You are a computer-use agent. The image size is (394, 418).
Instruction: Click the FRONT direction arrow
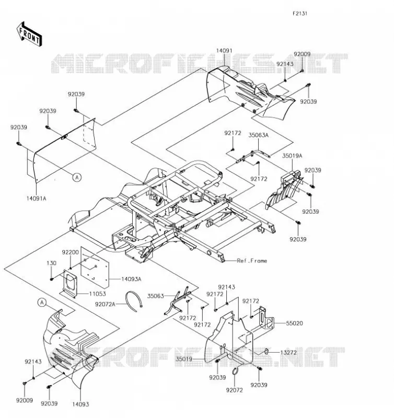(x=29, y=34)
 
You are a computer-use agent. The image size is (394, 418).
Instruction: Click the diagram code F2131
(x=300, y=14)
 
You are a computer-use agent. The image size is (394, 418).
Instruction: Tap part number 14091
(x=224, y=51)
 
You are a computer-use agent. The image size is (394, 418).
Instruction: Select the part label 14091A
(x=36, y=199)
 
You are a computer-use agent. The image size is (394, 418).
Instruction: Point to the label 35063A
(x=258, y=135)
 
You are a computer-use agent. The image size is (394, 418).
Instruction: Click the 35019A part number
(x=292, y=156)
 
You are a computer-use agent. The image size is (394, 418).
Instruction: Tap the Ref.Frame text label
(x=252, y=261)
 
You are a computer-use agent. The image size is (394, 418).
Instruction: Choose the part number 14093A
(x=131, y=279)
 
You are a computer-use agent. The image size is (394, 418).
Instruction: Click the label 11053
(x=97, y=294)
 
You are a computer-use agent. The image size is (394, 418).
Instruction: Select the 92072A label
(x=105, y=304)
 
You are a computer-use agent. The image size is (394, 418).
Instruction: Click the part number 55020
(x=294, y=323)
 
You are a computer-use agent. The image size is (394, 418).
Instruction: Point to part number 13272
(x=288, y=352)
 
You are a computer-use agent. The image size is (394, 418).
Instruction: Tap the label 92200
(x=71, y=252)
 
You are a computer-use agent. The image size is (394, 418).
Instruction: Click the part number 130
(x=51, y=263)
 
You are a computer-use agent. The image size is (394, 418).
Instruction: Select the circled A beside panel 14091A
(x=77, y=177)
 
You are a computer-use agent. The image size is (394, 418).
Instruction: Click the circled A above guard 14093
(x=42, y=303)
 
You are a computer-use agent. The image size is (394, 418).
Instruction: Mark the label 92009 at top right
(x=302, y=54)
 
